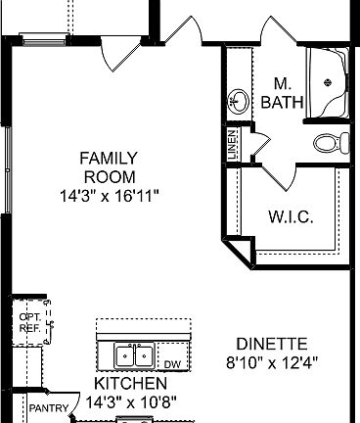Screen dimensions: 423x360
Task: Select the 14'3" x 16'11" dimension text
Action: (109, 196)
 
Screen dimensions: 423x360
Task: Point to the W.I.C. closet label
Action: (290, 217)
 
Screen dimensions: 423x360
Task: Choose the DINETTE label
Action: (272, 344)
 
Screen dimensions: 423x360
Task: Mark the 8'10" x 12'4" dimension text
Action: (272, 362)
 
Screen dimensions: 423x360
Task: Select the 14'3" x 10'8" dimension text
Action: (129, 401)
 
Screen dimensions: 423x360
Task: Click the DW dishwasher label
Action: (172, 364)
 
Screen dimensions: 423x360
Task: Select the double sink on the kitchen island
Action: (134, 354)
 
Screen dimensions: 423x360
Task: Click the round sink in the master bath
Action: (238, 100)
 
